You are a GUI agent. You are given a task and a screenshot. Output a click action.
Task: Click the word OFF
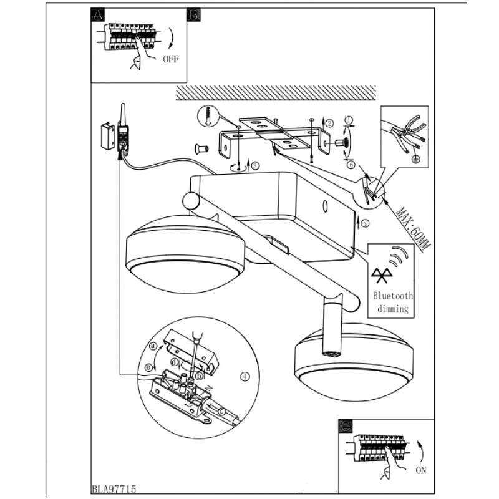coord(170,59)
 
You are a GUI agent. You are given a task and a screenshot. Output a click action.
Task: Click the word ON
coord(420,470)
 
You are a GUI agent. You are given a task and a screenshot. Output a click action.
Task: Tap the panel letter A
coord(98,14)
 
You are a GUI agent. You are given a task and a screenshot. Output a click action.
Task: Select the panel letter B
coord(193,14)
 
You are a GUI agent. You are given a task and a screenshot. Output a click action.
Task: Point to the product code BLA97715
coord(114,489)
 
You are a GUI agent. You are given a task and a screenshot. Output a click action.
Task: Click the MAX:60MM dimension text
coord(414,229)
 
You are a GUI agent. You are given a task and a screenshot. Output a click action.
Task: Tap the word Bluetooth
coord(393,296)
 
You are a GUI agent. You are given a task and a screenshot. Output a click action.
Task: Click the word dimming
coord(393,309)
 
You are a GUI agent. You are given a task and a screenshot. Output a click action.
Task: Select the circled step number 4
coord(245,377)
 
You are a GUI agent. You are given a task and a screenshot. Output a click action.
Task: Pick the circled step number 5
coord(365,223)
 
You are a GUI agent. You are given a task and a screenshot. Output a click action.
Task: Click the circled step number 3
coord(255,166)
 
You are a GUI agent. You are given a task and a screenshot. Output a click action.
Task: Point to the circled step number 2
coord(329,123)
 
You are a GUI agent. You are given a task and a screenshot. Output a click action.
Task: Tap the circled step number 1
coord(349,120)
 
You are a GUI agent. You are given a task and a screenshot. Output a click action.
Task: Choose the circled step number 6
coord(351,165)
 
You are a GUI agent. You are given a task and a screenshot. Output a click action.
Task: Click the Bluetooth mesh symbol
coord(382,276)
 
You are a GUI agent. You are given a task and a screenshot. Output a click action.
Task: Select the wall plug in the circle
coord(208,116)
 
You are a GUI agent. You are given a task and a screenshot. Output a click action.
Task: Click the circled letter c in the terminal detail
coord(222,412)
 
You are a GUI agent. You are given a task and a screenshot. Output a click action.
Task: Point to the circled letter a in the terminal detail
coord(153,346)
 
